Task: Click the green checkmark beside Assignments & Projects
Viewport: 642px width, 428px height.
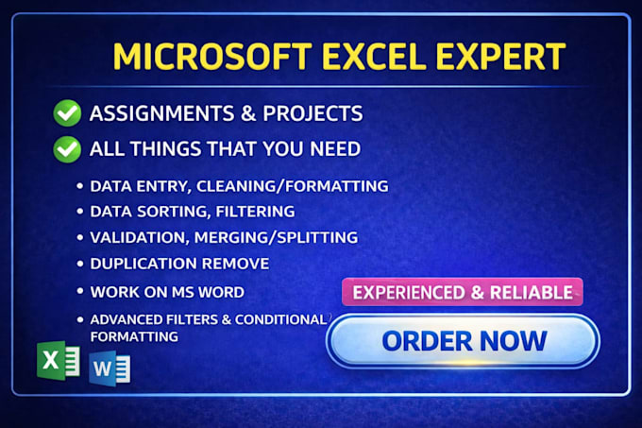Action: pos(67,113)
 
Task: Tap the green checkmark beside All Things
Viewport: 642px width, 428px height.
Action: pos(67,149)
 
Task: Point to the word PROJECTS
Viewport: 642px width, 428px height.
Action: pos(313,113)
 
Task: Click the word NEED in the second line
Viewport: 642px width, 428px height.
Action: pos(335,148)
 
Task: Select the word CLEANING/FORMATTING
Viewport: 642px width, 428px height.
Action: pos(293,186)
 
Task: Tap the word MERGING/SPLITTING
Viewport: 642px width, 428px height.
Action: pos(276,238)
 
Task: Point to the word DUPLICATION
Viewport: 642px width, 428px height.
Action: pos(144,264)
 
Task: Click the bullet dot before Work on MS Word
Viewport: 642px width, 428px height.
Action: pos(80,291)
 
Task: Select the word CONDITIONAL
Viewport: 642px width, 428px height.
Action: pos(280,319)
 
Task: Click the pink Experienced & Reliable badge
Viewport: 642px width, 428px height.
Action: pos(463,292)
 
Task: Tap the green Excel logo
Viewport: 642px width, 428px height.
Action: pos(59,360)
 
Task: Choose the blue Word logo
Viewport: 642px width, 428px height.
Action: pos(110,368)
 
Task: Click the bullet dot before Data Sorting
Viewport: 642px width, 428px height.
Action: pos(80,212)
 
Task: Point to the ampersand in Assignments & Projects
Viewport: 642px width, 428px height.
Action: pos(248,113)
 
